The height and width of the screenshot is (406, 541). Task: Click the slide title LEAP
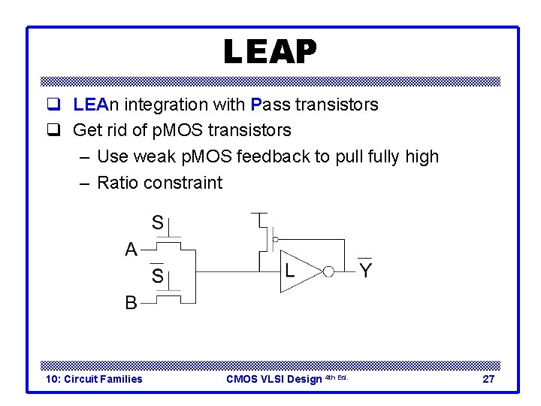click(270, 52)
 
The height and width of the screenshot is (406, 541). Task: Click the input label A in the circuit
click(131, 250)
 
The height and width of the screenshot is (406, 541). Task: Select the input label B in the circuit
click(131, 303)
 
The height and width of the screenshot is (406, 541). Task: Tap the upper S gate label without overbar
click(158, 223)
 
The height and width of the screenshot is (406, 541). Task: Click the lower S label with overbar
click(158, 276)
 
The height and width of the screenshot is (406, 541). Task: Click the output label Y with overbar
click(365, 270)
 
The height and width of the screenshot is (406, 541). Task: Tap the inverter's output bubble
click(328, 271)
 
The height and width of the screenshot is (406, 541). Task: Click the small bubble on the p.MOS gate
click(275, 239)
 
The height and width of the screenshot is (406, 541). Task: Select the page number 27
click(488, 379)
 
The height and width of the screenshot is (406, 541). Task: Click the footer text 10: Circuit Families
click(94, 379)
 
